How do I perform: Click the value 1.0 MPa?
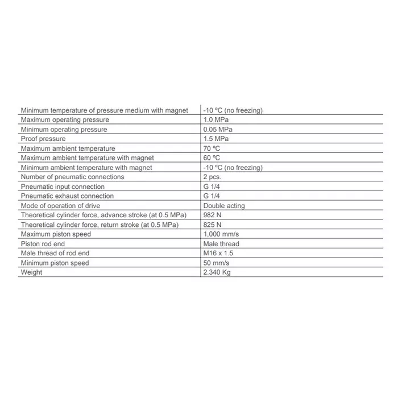click(x=215, y=120)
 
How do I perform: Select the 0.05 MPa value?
click(x=217, y=130)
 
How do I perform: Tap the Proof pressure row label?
click(x=43, y=139)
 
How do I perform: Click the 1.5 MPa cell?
click(x=215, y=139)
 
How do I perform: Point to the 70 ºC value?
click(x=212, y=148)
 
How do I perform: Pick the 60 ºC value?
click(x=212, y=157)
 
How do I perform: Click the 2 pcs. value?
click(x=212, y=177)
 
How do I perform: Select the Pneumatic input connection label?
click(x=63, y=186)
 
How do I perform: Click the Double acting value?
click(x=224, y=206)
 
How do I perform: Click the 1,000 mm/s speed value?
click(x=221, y=234)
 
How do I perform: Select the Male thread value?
click(x=221, y=244)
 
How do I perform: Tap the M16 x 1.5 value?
click(x=218, y=253)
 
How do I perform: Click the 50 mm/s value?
click(x=216, y=263)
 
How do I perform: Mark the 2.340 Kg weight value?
click(x=217, y=272)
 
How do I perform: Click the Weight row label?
click(x=31, y=272)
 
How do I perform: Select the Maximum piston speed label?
click(x=56, y=234)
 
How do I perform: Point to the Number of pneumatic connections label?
click(x=72, y=177)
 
